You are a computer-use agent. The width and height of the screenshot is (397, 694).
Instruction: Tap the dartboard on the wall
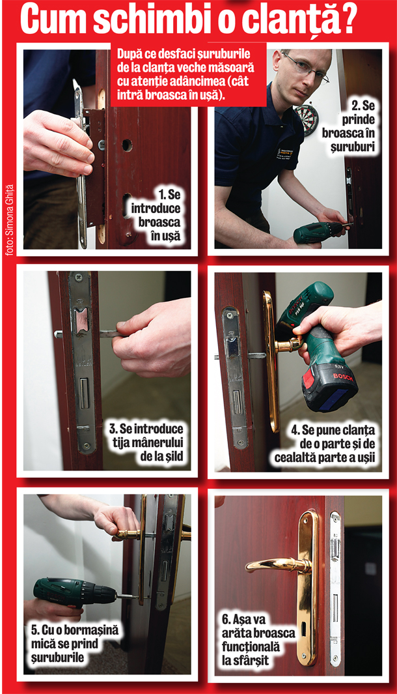(x=307, y=119)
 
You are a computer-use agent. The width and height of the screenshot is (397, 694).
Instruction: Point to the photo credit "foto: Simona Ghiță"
(x=10, y=220)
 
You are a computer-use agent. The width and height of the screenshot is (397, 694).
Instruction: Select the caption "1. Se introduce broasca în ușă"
(x=156, y=215)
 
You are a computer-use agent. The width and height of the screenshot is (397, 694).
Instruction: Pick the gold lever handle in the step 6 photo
(x=279, y=564)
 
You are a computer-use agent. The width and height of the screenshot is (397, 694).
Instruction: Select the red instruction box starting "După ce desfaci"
(x=188, y=74)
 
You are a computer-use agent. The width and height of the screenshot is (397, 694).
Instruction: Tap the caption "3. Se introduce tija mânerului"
(x=146, y=442)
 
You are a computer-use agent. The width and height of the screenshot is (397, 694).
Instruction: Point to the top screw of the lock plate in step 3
(x=79, y=277)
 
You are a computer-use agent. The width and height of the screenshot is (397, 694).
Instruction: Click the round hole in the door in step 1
(x=128, y=145)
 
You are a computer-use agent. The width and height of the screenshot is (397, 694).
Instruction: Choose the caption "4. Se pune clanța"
(x=325, y=444)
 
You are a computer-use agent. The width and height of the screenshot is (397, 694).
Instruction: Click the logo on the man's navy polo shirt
(x=284, y=152)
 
